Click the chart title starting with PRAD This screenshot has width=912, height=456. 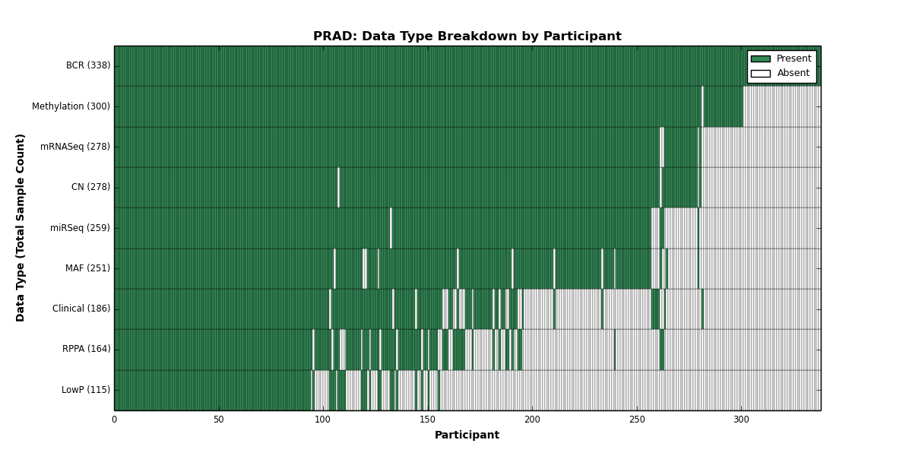[467, 36]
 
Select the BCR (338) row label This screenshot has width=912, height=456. [88, 65]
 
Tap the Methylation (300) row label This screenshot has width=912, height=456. [71, 106]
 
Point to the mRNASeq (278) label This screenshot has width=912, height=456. [75, 147]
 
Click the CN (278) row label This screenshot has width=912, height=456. [90, 187]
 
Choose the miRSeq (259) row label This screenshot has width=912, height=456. [80, 227]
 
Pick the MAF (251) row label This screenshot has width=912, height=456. [87, 268]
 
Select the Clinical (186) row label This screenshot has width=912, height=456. [81, 309]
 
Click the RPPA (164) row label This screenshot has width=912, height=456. [86, 349]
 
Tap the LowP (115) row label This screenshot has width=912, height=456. [85, 390]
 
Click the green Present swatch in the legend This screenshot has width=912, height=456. [761, 59]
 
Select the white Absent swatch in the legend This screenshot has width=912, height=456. [761, 74]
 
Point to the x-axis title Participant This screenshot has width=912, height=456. [467, 435]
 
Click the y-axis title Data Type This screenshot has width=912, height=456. [20, 228]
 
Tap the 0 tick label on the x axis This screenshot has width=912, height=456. [115, 420]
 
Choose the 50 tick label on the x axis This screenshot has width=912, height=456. [219, 420]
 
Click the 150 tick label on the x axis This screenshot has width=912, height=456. [427, 420]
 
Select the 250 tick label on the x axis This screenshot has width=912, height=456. [637, 420]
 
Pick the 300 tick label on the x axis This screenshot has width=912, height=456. [742, 420]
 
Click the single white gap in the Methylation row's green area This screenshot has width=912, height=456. [702, 106]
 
